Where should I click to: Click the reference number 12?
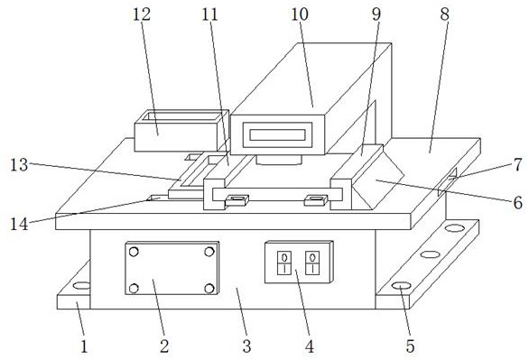point(142,14)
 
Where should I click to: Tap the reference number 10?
point(300,14)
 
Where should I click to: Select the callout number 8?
point(445,14)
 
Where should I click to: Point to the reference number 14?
point(19,224)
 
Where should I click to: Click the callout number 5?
point(410,346)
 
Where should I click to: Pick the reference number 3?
point(247,346)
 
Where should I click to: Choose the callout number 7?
point(518,165)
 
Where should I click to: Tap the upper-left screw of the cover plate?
point(134,252)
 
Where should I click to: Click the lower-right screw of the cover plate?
point(209,288)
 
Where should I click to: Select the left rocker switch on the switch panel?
point(284,263)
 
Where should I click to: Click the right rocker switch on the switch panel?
point(312,263)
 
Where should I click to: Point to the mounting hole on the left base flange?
point(81,286)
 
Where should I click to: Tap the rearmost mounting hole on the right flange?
point(454,228)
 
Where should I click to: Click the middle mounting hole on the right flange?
point(430,254)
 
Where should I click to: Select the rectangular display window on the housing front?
point(277,134)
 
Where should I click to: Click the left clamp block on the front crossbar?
point(237,200)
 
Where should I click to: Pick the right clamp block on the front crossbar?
point(316,200)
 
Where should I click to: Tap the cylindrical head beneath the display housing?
point(278,160)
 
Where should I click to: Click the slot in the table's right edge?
point(448,181)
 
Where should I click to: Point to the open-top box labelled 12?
point(181,131)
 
